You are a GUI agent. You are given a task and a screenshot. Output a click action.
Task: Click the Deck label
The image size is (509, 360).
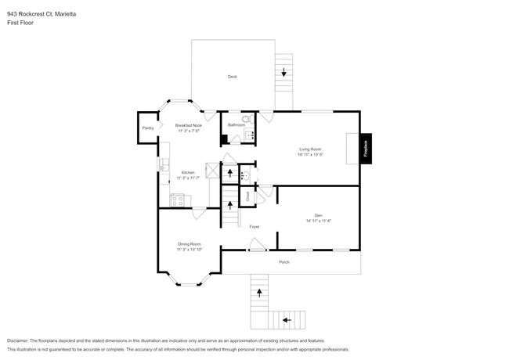pyautogui.click(x=233, y=77)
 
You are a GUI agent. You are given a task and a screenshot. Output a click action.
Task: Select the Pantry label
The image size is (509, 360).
pyautogui.click(x=147, y=128)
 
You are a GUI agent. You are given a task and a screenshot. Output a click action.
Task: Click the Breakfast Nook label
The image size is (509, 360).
pyautogui.click(x=189, y=126)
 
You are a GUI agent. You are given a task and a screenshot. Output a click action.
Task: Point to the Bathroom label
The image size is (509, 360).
pyautogui.click(x=236, y=125)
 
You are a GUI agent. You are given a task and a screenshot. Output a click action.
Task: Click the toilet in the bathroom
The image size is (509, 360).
pyautogui.click(x=245, y=119)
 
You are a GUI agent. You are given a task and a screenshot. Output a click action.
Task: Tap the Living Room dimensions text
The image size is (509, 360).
pyautogui.click(x=310, y=155)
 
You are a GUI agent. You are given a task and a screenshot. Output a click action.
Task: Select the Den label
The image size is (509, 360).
pyautogui.click(x=319, y=214)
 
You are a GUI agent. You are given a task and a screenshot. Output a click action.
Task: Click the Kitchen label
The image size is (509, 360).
pyautogui.click(x=188, y=173)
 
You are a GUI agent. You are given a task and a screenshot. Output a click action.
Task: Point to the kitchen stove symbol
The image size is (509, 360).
pyautogui.click(x=177, y=200)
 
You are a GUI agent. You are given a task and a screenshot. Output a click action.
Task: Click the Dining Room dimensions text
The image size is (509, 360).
pyautogui.click(x=189, y=250)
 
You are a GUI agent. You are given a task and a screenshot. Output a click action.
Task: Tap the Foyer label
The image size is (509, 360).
pyautogui.click(x=254, y=227)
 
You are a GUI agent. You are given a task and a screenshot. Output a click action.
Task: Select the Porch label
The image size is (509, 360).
pyautogui.click(x=284, y=261)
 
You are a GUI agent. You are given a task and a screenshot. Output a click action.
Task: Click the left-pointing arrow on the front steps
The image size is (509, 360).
pyautogui.click(x=287, y=319)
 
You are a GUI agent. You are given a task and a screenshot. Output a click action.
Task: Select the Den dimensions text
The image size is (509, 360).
pyautogui.click(x=319, y=221)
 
